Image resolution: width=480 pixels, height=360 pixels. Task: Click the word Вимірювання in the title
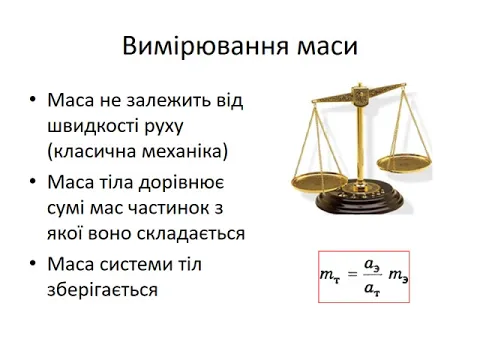pyautogui.click(x=205, y=46)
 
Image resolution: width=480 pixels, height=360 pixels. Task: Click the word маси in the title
pyautogui.click(x=327, y=47)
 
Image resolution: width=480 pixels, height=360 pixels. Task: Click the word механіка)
pyautogui.click(x=185, y=151)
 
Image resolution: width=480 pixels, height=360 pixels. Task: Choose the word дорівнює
pyautogui.click(x=181, y=183)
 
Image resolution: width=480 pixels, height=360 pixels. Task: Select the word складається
pyautogui.click(x=191, y=233)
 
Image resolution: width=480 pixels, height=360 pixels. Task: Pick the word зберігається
pyautogui.click(x=102, y=289)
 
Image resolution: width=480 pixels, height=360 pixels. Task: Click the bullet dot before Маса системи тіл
pyautogui.click(x=32, y=263)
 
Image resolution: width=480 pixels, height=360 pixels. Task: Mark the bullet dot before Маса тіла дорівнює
pyautogui.click(x=32, y=181)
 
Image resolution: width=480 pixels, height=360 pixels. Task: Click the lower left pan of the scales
pyautogui.click(x=319, y=182)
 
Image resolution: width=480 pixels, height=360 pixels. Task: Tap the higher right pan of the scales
pyautogui.click(x=404, y=164)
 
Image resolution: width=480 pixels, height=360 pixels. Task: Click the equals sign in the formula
pyautogui.click(x=352, y=274)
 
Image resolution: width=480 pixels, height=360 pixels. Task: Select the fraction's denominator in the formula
pyautogui.click(x=372, y=288)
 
